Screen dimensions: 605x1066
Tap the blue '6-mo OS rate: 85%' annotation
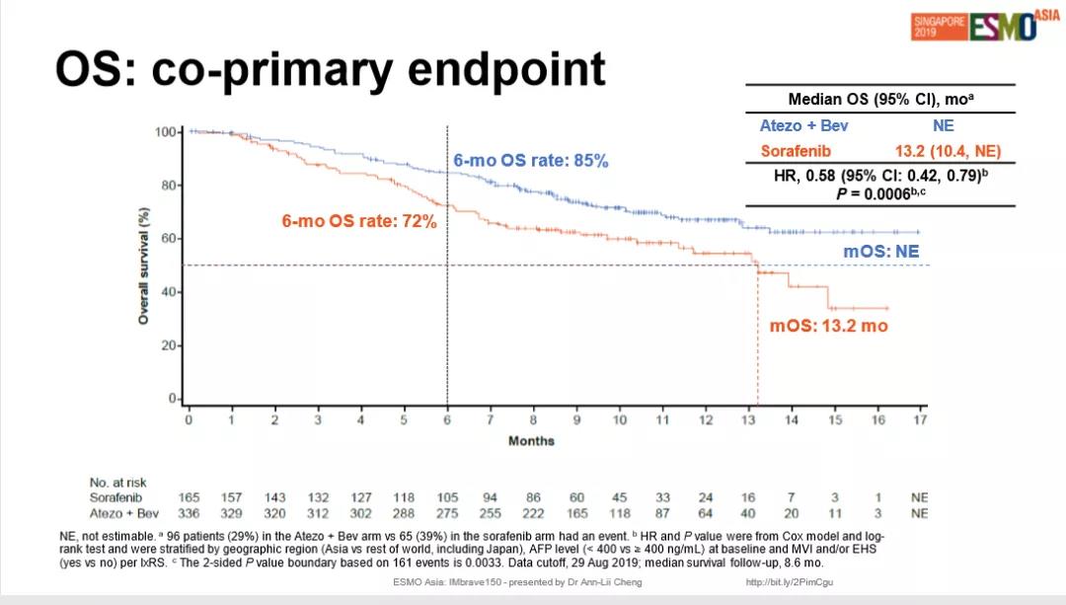[531, 160]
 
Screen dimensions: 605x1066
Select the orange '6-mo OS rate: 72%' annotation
[358, 222]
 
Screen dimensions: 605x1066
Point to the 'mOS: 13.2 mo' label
[828, 326]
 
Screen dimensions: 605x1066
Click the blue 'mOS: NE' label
[880, 252]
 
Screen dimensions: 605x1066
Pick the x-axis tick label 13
[748, 419]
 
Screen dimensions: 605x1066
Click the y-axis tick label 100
[167, 131]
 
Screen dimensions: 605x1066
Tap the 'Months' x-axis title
[531, 440]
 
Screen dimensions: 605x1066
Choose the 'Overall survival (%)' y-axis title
[143, 265]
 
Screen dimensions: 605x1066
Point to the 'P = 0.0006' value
[883, 193]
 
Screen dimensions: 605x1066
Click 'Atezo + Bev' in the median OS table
[803, 125]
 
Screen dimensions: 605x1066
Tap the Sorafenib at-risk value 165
[189, 497]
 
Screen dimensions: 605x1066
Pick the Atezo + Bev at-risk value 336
[189, 513]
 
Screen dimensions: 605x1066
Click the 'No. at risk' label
[117, 483]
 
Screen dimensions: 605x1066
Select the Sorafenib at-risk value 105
[447, 497]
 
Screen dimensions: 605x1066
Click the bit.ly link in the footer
[790, 582]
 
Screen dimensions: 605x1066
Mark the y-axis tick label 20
[170, 345]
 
